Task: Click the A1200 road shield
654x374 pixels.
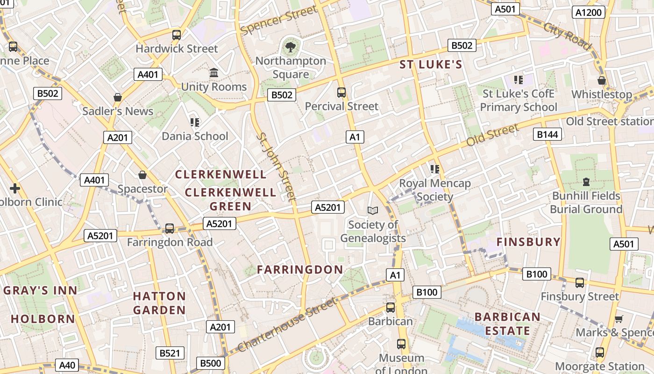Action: (x=588, y=13)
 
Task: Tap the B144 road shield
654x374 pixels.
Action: (x=547, y=135)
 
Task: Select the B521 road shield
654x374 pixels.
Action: (x=170, y=353)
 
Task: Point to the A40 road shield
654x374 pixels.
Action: (x=67, y=365)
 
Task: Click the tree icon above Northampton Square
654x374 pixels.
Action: (x=291, y=46)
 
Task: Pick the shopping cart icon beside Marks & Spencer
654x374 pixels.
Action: (x=619, y=319)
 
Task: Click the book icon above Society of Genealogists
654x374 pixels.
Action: (x=373, y=211)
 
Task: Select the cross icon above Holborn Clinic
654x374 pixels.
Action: (x=15, y=188)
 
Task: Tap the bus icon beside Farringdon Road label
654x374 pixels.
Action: (x=170, y=229)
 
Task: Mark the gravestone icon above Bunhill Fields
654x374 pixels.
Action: (x=586, y=181)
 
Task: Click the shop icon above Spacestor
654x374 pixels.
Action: (x=142, y=175)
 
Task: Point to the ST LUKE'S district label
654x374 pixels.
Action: (x=431, y=65)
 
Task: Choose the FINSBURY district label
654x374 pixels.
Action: (x=528, y=242)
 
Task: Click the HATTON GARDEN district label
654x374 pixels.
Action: (x=159, y=303)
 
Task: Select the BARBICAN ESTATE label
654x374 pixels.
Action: (x=507, y=324)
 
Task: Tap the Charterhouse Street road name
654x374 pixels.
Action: (x=287, y=325)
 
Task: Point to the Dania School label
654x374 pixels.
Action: (x=195, y=136)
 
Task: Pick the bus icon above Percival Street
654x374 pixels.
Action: (x=341, y=92)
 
